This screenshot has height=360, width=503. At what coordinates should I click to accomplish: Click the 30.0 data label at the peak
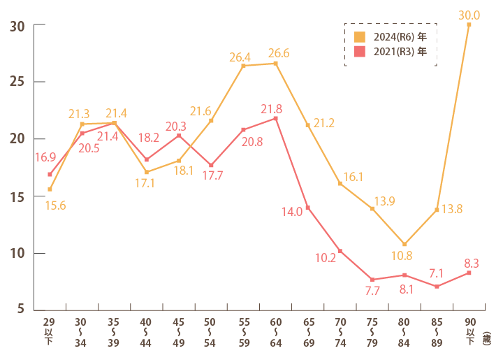tap(469, 15)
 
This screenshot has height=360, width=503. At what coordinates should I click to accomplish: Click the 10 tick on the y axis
tap(18, 253)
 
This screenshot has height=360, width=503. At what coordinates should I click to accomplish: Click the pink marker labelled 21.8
tap(276, 118)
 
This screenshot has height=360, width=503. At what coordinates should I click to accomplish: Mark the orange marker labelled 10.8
tap(404, 244)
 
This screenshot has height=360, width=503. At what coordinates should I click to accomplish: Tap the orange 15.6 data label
tap(56, 205)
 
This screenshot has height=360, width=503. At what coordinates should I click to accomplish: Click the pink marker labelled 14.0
tap(308, 208)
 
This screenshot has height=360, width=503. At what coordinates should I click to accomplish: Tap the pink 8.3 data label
tap(472, 264)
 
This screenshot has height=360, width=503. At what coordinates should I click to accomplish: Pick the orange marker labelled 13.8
tap(437, 210)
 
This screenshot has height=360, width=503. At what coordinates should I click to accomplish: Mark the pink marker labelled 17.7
tap(211, 165)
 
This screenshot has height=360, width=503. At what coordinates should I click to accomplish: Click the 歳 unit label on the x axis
tap(486, 338)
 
